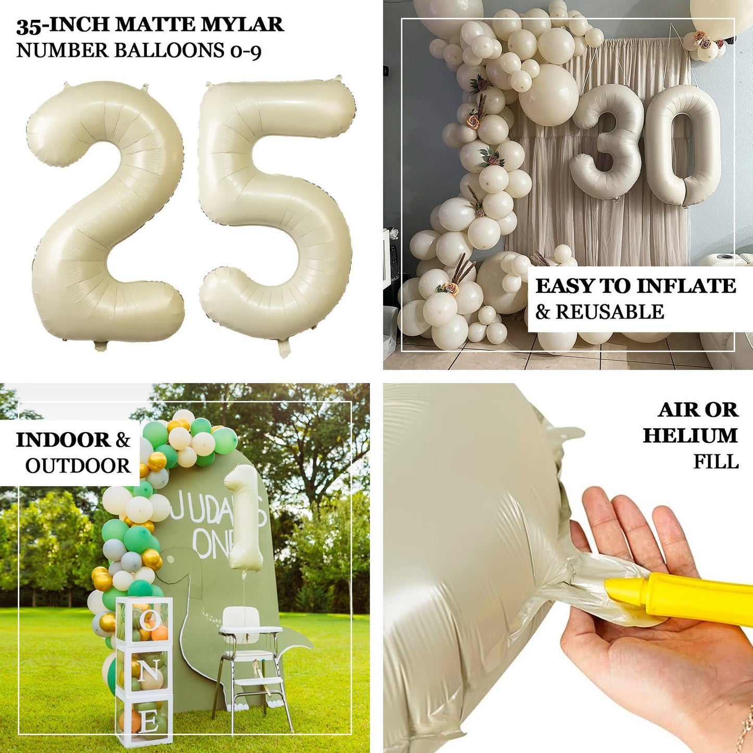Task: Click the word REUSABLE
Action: pos(610,312)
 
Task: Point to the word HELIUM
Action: pos(690,436)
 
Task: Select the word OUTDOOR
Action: pos(78,466)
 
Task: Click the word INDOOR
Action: pos(63,440)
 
